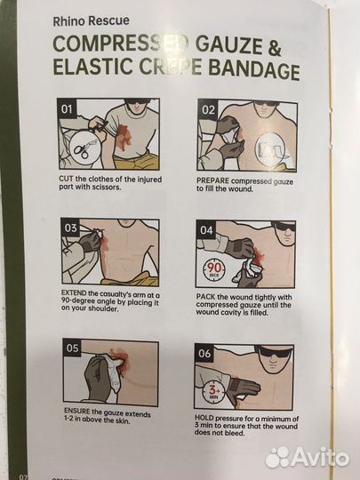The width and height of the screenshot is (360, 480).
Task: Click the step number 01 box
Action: [67, 109]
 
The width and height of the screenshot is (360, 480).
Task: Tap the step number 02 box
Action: [208, 109]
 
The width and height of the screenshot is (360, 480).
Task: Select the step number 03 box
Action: [70, 228]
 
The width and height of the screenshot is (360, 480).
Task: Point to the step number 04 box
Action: [206, 230]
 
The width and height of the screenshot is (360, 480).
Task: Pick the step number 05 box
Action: [72, 348]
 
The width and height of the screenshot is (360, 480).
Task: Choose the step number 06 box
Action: [204, 354]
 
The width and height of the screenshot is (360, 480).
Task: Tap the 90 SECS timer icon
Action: [214, 269]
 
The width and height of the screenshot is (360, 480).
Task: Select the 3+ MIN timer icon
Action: [212, 392]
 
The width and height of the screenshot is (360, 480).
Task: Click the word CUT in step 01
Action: [66, 179]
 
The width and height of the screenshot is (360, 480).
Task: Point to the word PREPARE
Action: [212, 180]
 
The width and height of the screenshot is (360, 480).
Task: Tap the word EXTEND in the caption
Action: [74, 293]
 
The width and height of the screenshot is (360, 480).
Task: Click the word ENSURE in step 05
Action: [77, 412]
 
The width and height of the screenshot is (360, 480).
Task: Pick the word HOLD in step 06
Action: [204, 418]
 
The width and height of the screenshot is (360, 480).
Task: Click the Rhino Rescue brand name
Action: [92, 21]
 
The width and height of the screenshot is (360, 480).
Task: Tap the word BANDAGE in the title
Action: [253, 70]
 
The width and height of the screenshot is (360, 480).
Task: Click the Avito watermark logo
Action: [307, 458]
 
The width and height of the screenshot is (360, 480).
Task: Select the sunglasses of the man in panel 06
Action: [275, 354]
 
